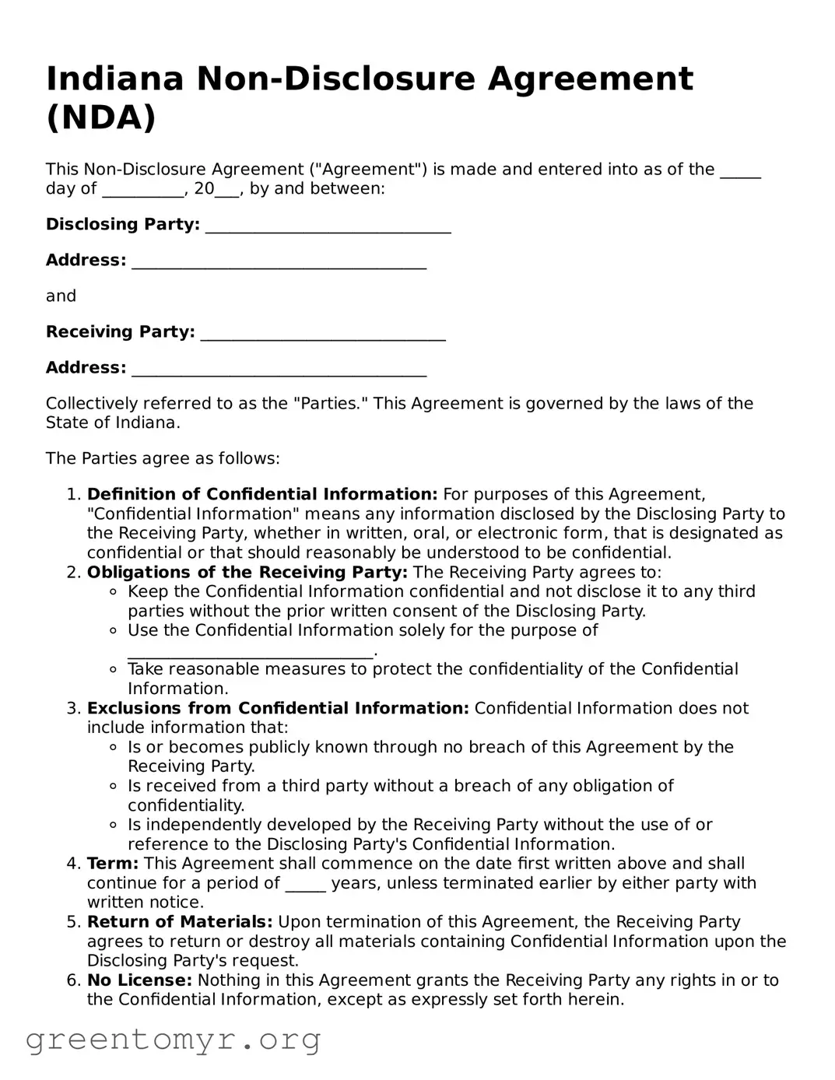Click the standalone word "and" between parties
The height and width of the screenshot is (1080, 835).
coord(61,296)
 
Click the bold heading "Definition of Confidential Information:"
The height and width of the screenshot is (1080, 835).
coord(262,495)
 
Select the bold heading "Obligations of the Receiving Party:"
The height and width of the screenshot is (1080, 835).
coord(247,573)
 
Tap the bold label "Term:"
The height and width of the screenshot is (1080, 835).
coord(113,864)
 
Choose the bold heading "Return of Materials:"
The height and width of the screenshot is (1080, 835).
coord(180,922)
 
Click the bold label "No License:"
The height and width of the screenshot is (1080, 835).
coord(139,980)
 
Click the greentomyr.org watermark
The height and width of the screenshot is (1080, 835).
coord(173,1040)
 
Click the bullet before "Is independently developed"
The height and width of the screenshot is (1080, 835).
coord(113,825)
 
